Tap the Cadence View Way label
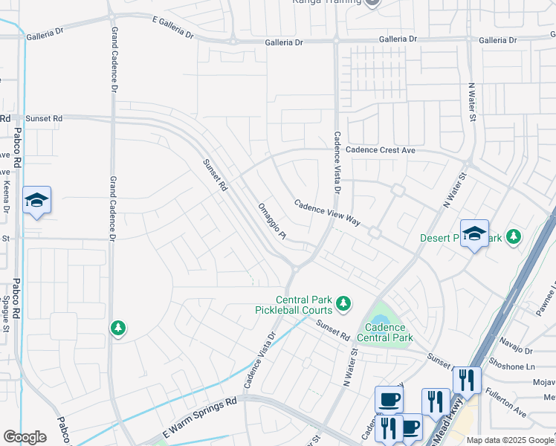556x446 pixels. (x=326, y=213)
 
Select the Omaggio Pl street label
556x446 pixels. (x=271, y=222)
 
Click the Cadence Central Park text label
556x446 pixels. (x=384, y=332)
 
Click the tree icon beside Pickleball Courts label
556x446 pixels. (x=343, y=303)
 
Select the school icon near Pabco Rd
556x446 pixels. (x=36, y=201)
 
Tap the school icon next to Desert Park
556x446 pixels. (x=473, y=234)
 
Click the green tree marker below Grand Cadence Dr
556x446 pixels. (x=117, y=328)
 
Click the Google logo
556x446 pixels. (x=25, y=436)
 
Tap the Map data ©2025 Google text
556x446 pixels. (x=510, y=440)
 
